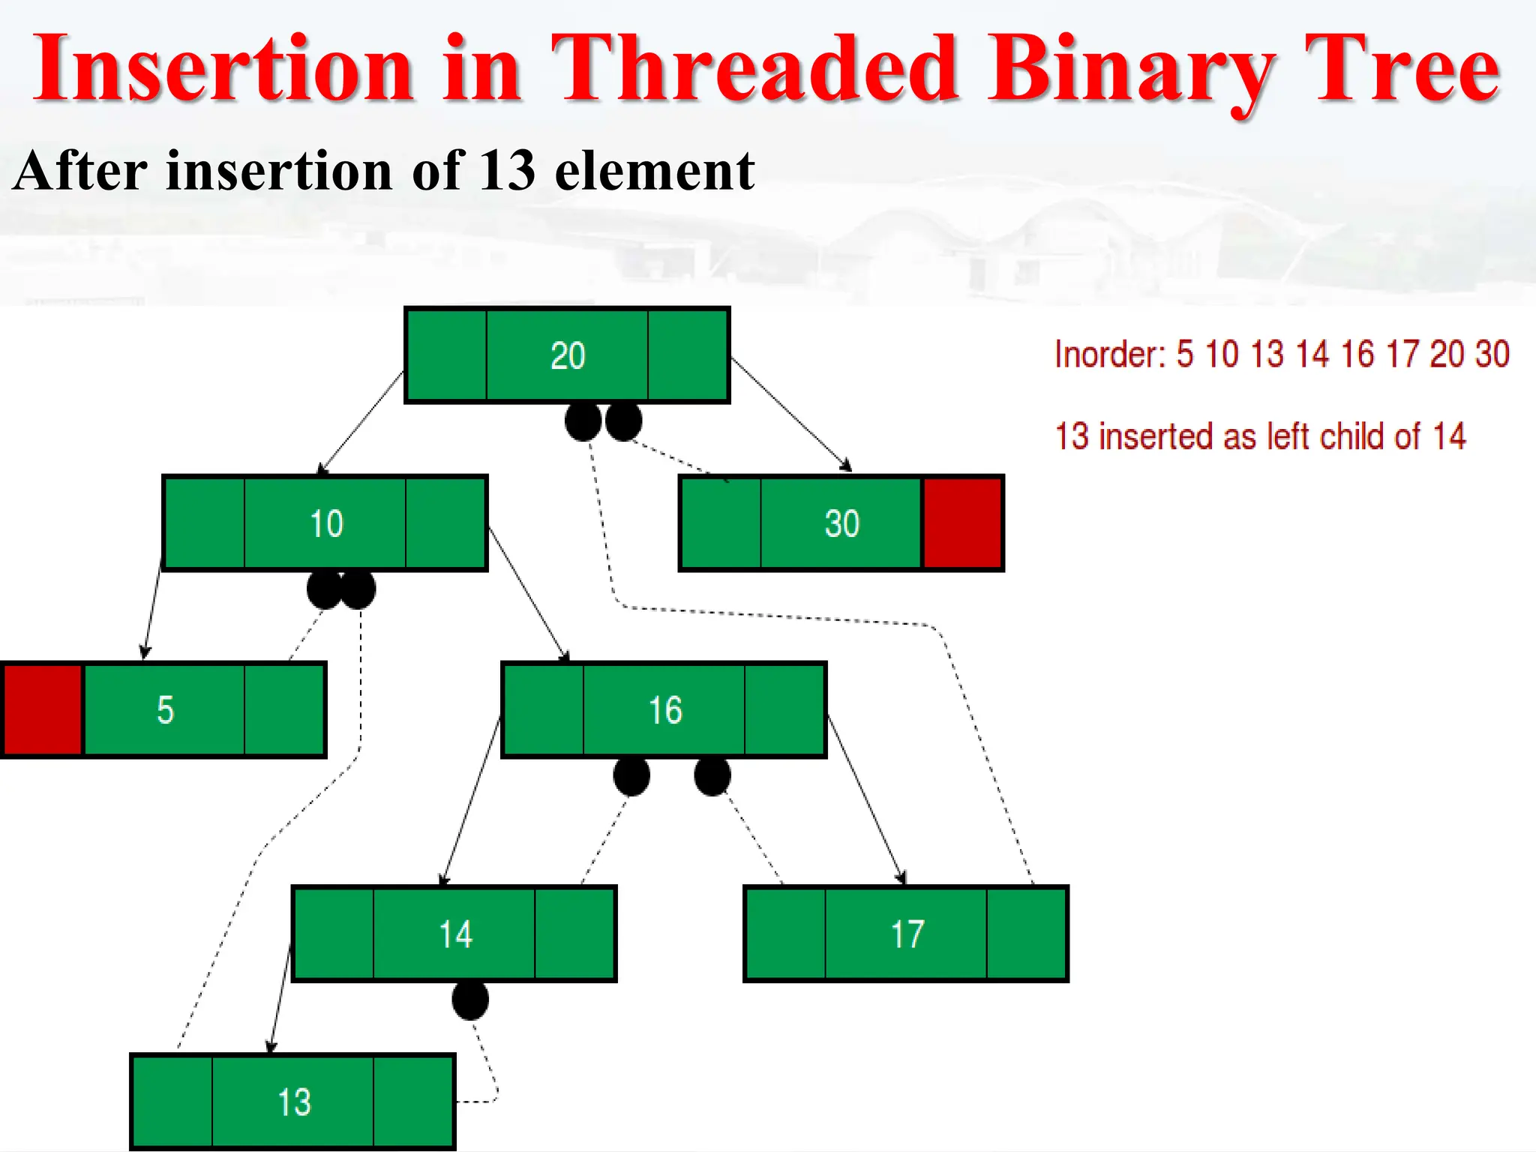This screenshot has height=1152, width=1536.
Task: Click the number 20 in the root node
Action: pos(568,355)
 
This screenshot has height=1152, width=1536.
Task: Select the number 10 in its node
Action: pos(326,523)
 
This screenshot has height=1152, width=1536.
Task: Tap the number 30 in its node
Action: pos(841,523)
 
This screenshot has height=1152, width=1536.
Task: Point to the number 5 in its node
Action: pos(165,709)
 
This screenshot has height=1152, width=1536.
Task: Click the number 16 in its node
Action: pos(665,710)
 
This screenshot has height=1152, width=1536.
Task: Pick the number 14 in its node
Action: pos(455,934)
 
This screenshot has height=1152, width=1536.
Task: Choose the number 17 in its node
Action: pos(907,934)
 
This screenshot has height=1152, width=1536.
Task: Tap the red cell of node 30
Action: pos(962,523)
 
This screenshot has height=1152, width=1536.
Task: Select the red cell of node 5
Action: pos(43,709)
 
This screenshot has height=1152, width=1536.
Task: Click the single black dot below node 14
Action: pos(470,1000)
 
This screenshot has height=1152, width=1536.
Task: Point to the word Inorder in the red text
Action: pos(1108,354)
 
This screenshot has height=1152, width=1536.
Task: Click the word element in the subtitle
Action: pos(654,171)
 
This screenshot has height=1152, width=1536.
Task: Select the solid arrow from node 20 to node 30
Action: pos(791,414)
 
